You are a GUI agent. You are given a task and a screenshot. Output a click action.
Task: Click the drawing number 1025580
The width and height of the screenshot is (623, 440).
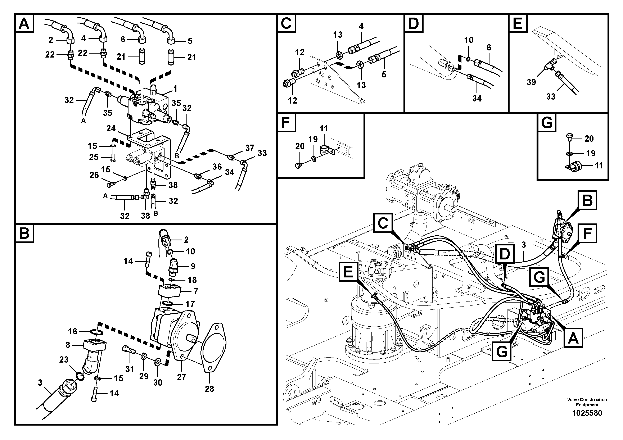coord(587,413)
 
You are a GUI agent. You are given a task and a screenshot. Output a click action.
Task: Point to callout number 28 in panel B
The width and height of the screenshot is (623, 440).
coord(209,389)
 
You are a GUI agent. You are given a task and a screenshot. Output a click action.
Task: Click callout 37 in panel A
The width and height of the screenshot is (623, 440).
coord(250,148)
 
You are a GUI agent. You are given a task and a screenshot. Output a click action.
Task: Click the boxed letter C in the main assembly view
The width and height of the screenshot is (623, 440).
coord(383,223)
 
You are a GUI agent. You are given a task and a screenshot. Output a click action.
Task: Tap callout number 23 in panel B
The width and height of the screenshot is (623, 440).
coord(64,360)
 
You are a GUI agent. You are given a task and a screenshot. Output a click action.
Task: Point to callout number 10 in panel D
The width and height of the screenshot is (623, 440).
coord(469,40)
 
